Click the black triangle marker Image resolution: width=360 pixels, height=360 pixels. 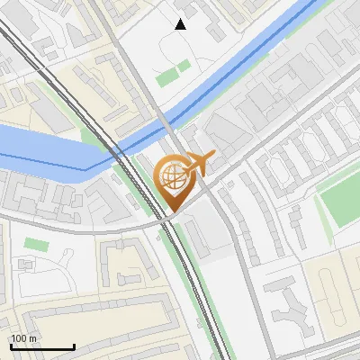pyautogui.click(x=181, y=24)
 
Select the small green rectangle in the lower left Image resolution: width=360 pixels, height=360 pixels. pyautogui.click(x=36, y=244)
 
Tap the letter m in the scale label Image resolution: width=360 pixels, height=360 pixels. pyautogui.click(x=33, y=338)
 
